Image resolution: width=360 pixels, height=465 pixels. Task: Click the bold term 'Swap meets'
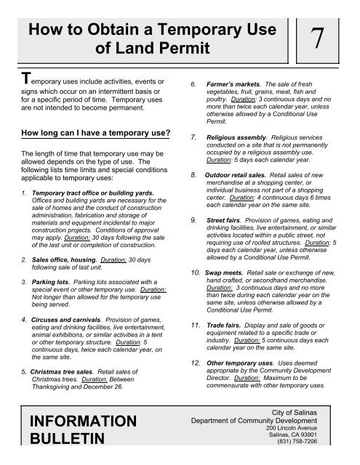pyautogui.click(x=224, y=270)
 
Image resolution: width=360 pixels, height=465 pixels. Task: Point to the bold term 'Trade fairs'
pyautogui.click(x=223, y=320)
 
